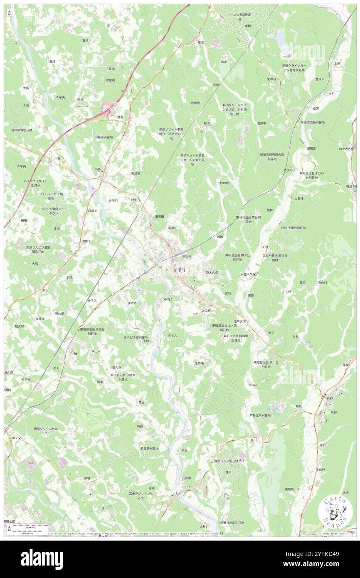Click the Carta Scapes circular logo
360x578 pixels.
(x=335, y=512)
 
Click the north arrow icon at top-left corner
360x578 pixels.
(x=9, y=13)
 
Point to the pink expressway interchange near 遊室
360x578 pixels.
(x=107, y=109)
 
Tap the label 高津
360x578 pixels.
(x=52, y=62)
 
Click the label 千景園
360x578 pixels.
(x=110, y=69)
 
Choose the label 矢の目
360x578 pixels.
(x=271, y=79)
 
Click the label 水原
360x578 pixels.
(x=337, y=63)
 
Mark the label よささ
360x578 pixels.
(x=132, y=303)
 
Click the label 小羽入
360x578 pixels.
(x=168, y=299)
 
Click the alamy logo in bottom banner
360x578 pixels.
(x=42, y=559)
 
